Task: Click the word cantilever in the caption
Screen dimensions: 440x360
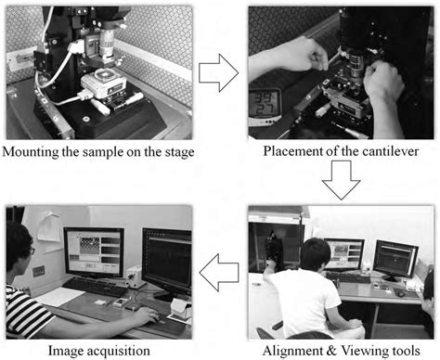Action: (x=379, y=152)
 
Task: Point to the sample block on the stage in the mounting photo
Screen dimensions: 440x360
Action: (x=101, y=87)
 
